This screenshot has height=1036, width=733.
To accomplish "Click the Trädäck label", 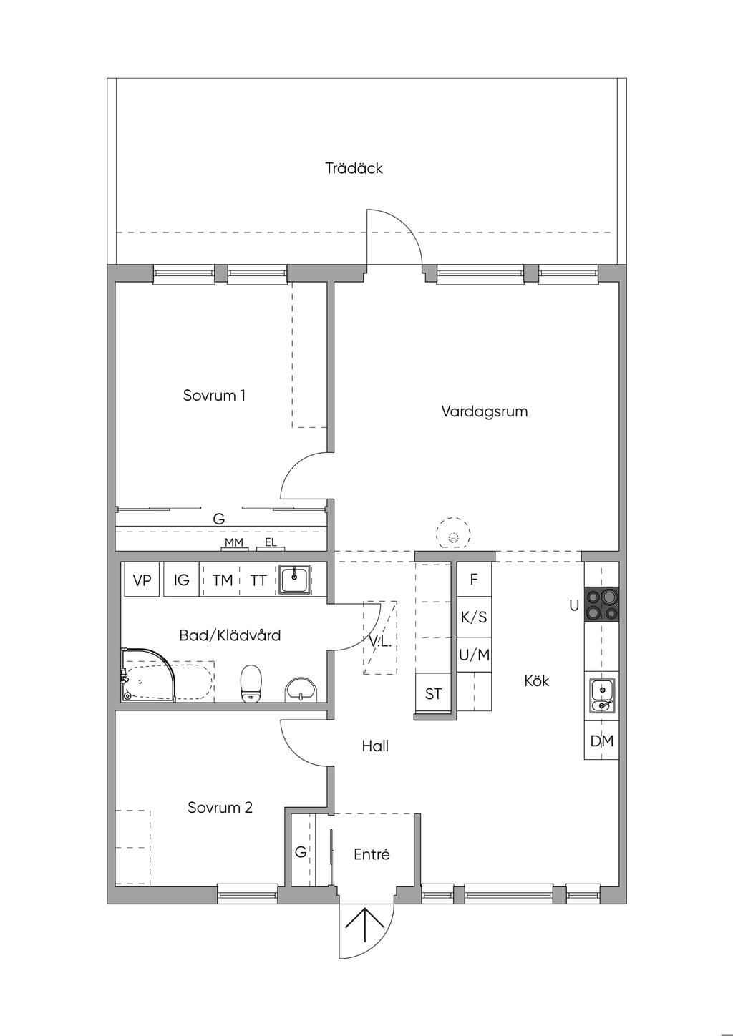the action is [354, 168].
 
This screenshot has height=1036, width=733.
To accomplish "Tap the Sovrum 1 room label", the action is [214, 395].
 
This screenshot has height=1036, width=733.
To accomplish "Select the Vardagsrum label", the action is [484, 411].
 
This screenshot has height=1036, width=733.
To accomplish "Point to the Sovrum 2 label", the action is [220, 808].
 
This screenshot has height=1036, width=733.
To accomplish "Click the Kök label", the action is [536, 681].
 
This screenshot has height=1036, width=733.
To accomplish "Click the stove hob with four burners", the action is [601, 604].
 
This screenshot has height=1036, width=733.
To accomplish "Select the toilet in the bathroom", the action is [251, 683].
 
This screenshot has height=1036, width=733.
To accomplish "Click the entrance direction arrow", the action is [365, 925].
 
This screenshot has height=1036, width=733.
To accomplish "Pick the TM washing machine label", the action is [222, 580].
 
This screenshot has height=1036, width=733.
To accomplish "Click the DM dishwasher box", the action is [601, 741].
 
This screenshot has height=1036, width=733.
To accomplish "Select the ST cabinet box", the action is [433, 693].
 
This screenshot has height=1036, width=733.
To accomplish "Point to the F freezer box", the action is [474, 579].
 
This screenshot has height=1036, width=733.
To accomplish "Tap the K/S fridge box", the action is [474, 617].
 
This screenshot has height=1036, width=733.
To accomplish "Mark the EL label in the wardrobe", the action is [271, 542].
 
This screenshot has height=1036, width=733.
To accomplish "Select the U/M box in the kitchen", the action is [474, 655].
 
